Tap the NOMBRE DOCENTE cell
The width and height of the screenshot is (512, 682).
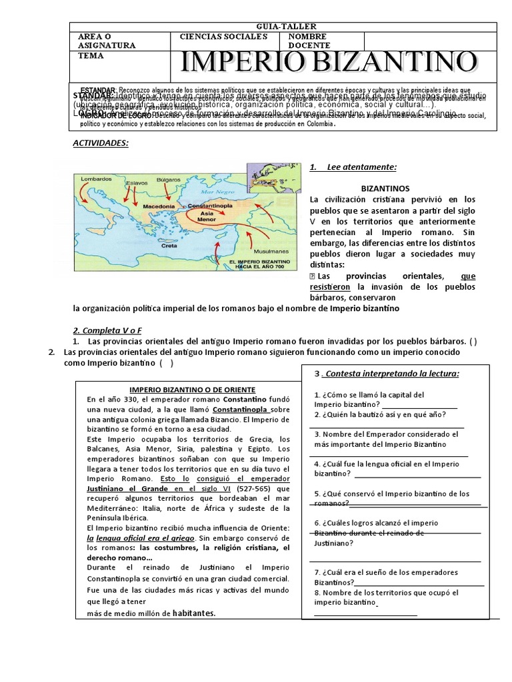pyautogui.click(x=309, y=41)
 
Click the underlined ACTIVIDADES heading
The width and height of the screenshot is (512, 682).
pyautogui.click(x=100, y=143)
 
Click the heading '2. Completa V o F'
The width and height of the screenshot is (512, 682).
pyautogui.click(x=107, y=330)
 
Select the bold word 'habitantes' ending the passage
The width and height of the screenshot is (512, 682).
pyautogui.click(x=195, y=613)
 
